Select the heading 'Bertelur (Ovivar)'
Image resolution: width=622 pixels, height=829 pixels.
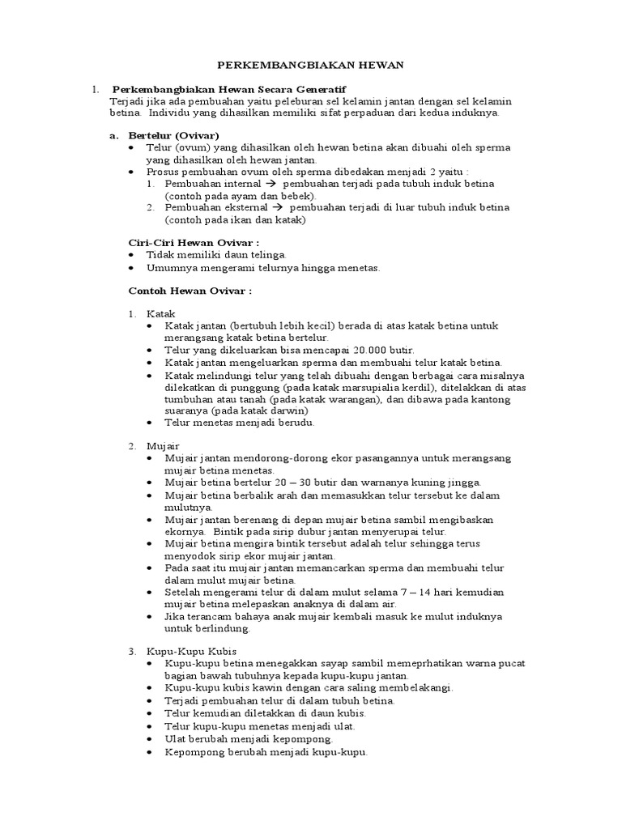(174, 135)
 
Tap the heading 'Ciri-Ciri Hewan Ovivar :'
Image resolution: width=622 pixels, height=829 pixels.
(194, 242)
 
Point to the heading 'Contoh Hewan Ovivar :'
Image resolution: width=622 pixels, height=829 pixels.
(191, 289)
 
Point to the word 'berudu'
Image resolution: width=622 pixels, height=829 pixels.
(296, 422)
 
